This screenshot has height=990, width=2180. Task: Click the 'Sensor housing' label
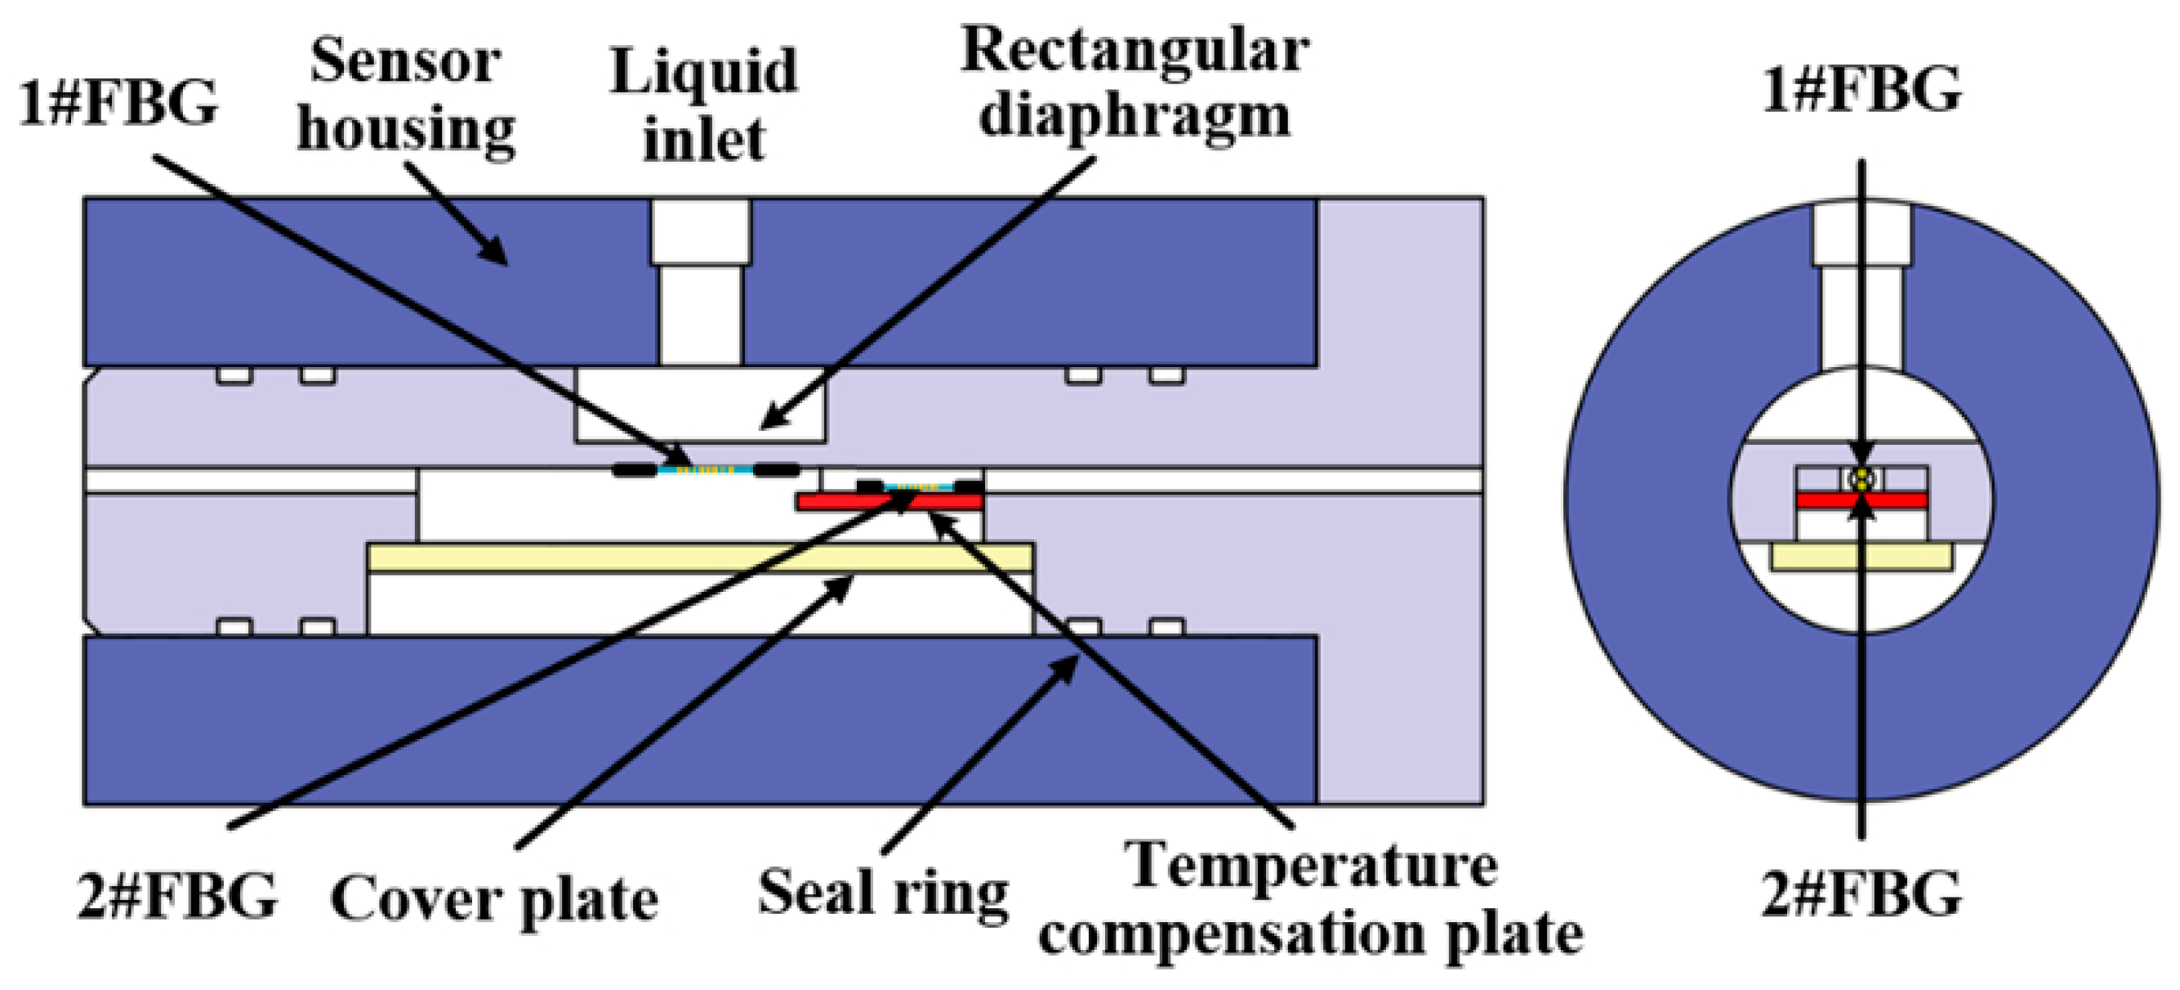tap(406, 95)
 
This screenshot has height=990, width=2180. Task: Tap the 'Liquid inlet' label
tap(703, 105)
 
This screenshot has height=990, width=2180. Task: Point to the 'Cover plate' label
tap(493, 899)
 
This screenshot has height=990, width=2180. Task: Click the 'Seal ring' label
tap(883, 893)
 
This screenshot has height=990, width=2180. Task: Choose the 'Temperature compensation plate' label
tap(1311, 901)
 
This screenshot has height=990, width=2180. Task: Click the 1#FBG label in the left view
tap(118, 104)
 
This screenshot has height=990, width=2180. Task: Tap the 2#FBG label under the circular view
tap(1861, 894)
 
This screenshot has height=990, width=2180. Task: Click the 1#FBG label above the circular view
tap(1861, 89)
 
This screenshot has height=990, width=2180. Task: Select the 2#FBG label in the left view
tap(178, 896)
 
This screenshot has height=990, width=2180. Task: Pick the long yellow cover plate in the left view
tap(700, 558)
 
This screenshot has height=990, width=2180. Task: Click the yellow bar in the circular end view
tap(1861, 557)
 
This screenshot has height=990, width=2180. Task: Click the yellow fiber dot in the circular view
tap(1861, 478)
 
